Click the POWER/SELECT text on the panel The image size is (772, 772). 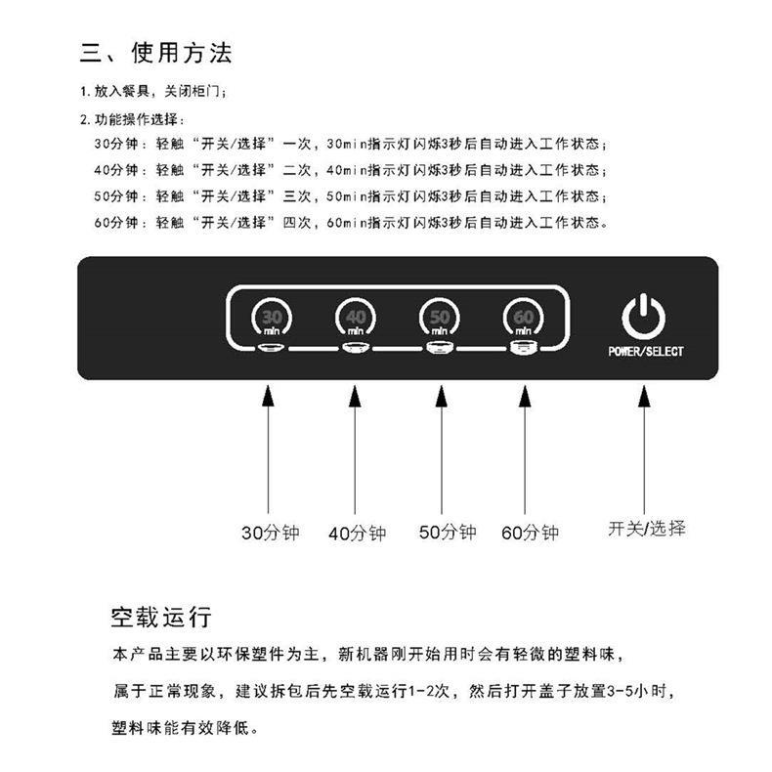point(646,352)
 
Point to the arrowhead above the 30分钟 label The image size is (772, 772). point(268,396)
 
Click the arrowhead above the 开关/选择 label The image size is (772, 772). point(644,396)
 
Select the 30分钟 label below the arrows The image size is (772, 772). point(271,533)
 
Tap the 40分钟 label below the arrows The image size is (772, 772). point(357,534)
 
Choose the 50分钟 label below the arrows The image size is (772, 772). point(448,532)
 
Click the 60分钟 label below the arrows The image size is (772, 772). point(530,533)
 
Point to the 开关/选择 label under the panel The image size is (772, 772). point(647,529)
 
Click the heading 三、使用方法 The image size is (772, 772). point(155,53)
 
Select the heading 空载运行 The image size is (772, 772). point(161,618)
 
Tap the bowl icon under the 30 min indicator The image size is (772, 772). point(272,348)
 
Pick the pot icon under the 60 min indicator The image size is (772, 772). point(523,348)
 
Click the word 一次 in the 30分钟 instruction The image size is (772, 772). point(297,144)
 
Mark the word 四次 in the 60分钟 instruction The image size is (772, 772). point(297,223)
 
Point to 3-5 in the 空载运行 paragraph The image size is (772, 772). point(621,691)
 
